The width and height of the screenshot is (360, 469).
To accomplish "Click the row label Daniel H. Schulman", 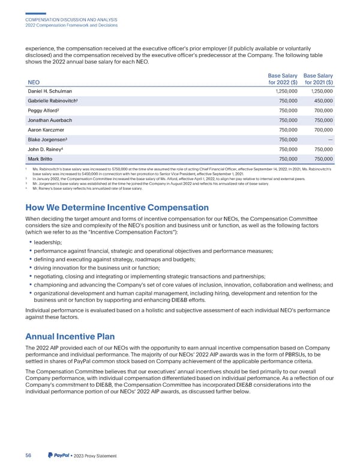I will click(49, 91).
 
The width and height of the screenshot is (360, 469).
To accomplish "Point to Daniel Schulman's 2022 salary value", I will click(279, 91).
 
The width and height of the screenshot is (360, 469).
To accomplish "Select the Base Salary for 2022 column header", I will click(275, 77).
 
